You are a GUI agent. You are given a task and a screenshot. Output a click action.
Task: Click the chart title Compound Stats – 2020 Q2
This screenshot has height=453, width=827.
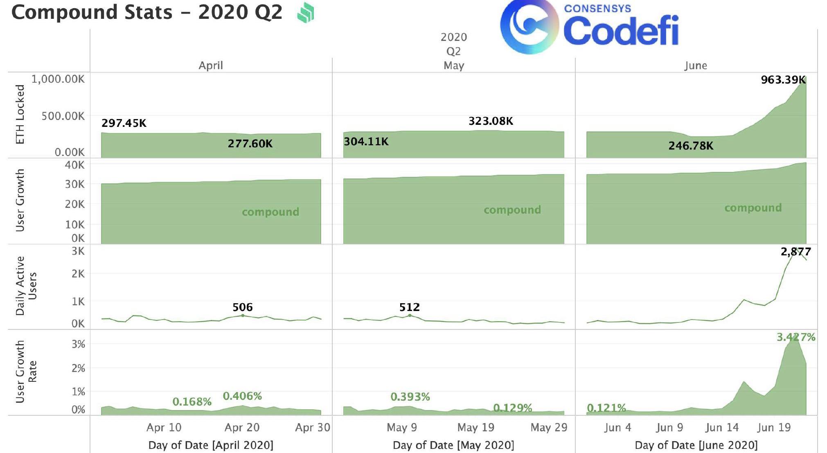(x=146, y=12)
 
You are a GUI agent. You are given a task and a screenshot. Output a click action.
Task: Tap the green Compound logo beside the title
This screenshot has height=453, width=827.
(x=306, y=13)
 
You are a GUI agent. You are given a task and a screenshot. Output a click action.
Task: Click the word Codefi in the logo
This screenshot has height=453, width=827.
(x=621, y=31)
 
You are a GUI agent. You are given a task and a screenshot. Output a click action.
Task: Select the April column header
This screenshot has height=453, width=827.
(x=210, y=65)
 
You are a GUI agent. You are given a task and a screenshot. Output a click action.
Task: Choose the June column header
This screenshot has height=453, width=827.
(x=696, y=65)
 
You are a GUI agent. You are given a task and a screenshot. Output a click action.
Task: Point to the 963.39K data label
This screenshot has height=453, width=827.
(x=783, y=80)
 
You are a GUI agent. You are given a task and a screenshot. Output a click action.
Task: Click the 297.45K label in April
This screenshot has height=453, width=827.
(x=124, y=123)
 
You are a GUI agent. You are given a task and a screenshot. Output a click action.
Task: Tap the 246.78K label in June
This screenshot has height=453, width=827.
(x=691, y=146)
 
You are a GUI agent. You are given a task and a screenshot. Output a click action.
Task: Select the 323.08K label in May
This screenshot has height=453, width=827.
(x=491, y=121)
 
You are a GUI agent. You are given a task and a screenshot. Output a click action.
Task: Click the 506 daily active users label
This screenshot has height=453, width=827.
(x=243, y=307)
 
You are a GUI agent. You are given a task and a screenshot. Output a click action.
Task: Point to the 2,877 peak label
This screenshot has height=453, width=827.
(x=795, y=252)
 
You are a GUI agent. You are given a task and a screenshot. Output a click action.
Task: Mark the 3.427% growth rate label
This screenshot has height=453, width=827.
(x=796, y=337)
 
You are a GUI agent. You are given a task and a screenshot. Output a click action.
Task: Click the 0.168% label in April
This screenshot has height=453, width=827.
(x=192, y=402)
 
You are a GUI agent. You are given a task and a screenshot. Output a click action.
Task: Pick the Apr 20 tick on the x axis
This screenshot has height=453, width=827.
(x=242, y=428)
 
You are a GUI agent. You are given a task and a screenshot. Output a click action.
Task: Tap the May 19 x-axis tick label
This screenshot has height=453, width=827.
(x=475, y=428)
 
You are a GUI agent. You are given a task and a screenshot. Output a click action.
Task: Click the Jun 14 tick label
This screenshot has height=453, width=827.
(x=722, y=428)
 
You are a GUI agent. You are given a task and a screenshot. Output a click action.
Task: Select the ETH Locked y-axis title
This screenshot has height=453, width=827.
(x=20, y=115)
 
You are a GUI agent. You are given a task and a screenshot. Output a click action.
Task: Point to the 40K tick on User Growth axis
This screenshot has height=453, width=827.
(x=74, y=165)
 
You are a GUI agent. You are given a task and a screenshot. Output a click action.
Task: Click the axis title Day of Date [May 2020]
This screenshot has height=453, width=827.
(x=453, y=445)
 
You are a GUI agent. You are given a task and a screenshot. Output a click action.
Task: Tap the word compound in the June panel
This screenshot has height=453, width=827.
(x=753, y=208)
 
